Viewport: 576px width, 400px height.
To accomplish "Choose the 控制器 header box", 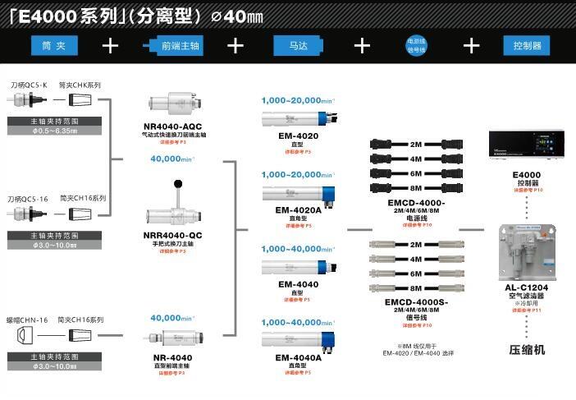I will click(x=526, y=45).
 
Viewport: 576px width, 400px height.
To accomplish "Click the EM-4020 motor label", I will click(x=299, y=136).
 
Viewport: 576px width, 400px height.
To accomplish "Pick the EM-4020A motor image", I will click(x=299, y=194).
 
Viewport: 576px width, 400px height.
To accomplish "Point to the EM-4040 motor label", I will click(x=299, y=284).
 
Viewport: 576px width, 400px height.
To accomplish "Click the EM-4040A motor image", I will click(x=299, y=340).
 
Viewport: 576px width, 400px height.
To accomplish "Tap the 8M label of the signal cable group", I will click(x=416, y=287).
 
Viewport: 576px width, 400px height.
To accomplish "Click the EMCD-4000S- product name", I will click(x=415, y=301).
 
